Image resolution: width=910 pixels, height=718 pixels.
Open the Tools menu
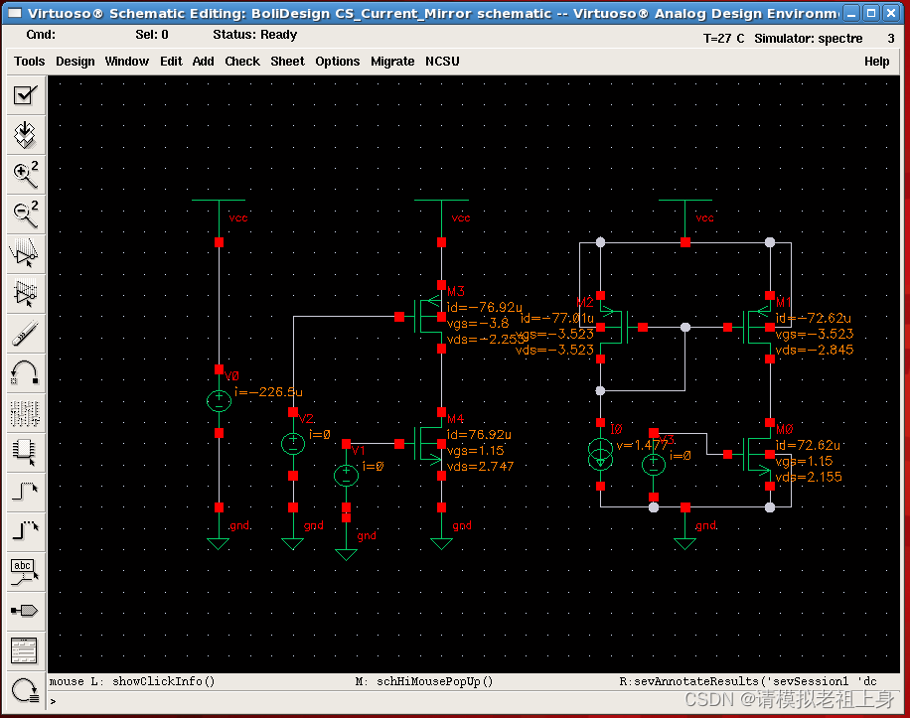[x=29, y=61]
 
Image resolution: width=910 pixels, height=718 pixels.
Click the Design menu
[x=75, y=61]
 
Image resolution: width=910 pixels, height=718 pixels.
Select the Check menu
[x=242, y=61]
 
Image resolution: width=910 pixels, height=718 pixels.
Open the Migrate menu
[x=392, y=61]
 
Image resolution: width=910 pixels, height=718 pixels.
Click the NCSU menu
[x=442, y=61]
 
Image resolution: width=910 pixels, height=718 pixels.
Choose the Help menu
[x=876, y=61]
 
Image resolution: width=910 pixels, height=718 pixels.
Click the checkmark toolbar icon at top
[x=24, y=95]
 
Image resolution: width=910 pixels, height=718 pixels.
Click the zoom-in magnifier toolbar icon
[x=24, y=174]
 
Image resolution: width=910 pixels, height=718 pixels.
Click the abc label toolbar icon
[x=24, y=570]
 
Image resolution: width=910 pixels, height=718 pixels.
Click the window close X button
[x=891, y=14]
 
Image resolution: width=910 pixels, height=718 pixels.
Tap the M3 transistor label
[x=456, y=292]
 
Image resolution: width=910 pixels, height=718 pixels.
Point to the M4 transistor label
[x=456, y=419]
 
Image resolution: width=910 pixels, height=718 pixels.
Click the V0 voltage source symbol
[x=219, y=401]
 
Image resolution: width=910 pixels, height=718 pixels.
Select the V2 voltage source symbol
[x=293, y=444]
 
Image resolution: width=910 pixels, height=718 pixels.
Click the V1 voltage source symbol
[x=346, y=476]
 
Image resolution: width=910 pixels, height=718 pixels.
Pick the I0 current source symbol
[x=600, y=456]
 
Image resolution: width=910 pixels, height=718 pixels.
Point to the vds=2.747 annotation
[x=481, y=466]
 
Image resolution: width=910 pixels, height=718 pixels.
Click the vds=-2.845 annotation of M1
[x=815, y=349]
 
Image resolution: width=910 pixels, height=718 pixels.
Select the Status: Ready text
[x=254, y=34]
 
